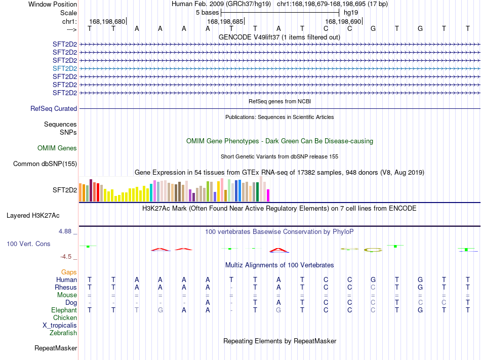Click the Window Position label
[x=53, y=4]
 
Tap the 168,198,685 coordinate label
[x=225, y=21]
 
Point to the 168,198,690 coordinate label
[x=343, y=21]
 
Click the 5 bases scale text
[x=208, y=13]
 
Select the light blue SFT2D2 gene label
[x=65, y=68]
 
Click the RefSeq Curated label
[x=54, y=108]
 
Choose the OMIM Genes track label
[x=57, y=148]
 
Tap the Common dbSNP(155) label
[x=45, y=164]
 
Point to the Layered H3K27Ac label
[x=33, y=216]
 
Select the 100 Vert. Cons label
[x=28, y=244]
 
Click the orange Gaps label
[x=69, y=272]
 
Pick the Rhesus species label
[x=66, y=287]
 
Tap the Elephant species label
[x=64, y=310]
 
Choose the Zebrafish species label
[x=63, y=333]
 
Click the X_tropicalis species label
[x=60, y=326]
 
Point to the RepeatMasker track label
[x=56, y=348]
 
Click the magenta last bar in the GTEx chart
[x=268, y=195]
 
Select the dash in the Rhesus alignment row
[x=231, y=288]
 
